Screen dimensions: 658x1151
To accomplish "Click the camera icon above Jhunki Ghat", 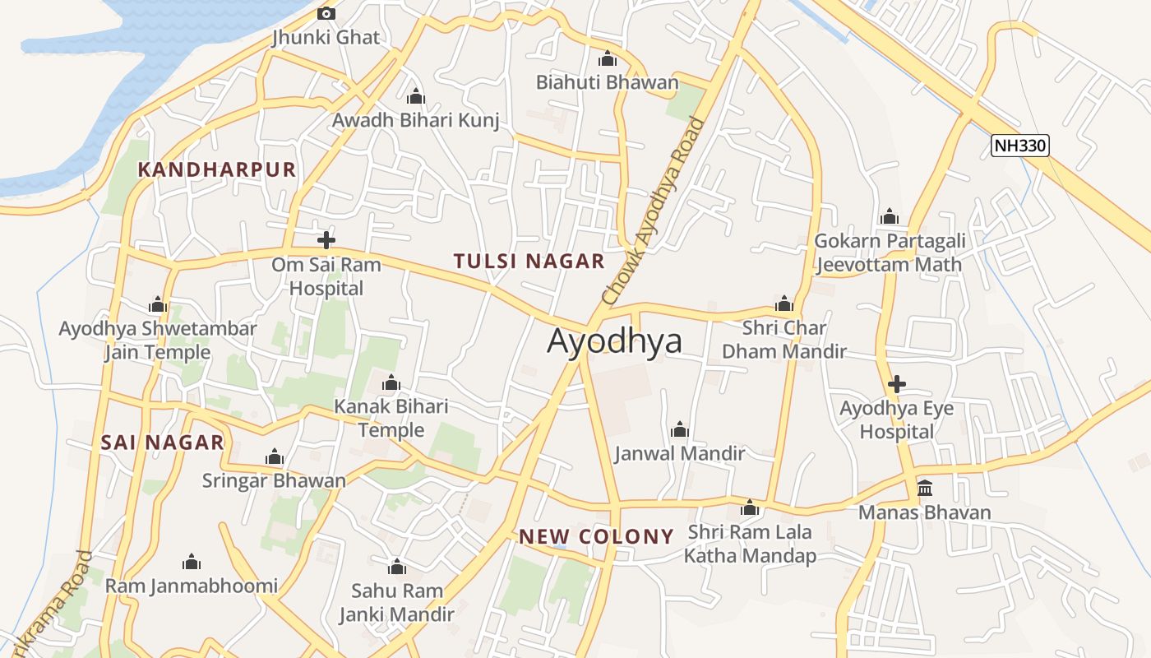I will pyautogui.click(x=326, y=13).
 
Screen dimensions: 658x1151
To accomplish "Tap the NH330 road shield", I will pyautogui.click(x=1019, y=146).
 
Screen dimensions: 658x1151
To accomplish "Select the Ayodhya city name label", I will pyautogui.click(x=615, y=341).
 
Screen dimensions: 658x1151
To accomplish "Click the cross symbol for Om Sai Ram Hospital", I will pyautogui.click(x=326, y=240).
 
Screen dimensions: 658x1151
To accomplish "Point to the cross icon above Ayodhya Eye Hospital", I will pyautogui.click(x=897, y=384).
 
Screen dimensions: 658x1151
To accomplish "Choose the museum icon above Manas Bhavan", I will pyautogui.click(x=925, y=489).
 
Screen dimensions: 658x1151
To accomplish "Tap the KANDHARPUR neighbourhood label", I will pyautogui.click(x=216, y=169).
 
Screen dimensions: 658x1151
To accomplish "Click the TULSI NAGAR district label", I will pyautogui.click(x=529, y=262).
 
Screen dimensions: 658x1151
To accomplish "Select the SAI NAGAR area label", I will pyautogui.click(x=162, y=443).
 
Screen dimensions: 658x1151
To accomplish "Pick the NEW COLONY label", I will pyautogui.click(x=596, y=537).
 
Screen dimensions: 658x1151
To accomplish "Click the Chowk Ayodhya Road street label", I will pyautogui.click(x=654, y=212).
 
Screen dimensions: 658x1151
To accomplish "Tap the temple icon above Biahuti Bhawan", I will pyautogui.click(x=608, y=58).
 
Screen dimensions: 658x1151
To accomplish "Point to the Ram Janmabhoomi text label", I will pyautogui.click(x=192, y=586).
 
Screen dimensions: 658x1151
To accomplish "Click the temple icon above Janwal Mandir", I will pyautogui.click(x=679, y=429).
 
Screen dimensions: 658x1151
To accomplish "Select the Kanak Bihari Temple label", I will pyautogui.click(x=391, y=418).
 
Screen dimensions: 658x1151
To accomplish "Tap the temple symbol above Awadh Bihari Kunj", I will pyautogui.click(x=415, y=96).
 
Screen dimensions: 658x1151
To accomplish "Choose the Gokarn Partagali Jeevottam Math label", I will pyautogui.click(x=889, y=253).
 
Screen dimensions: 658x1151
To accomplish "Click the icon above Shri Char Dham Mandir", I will pyautogui.click(x=784, y=304).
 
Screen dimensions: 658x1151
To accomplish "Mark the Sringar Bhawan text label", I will pyautogui.click(x=274, y=481).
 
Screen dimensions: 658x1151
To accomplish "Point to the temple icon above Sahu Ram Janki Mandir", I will pyautogui.click(x=397, y=567).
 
